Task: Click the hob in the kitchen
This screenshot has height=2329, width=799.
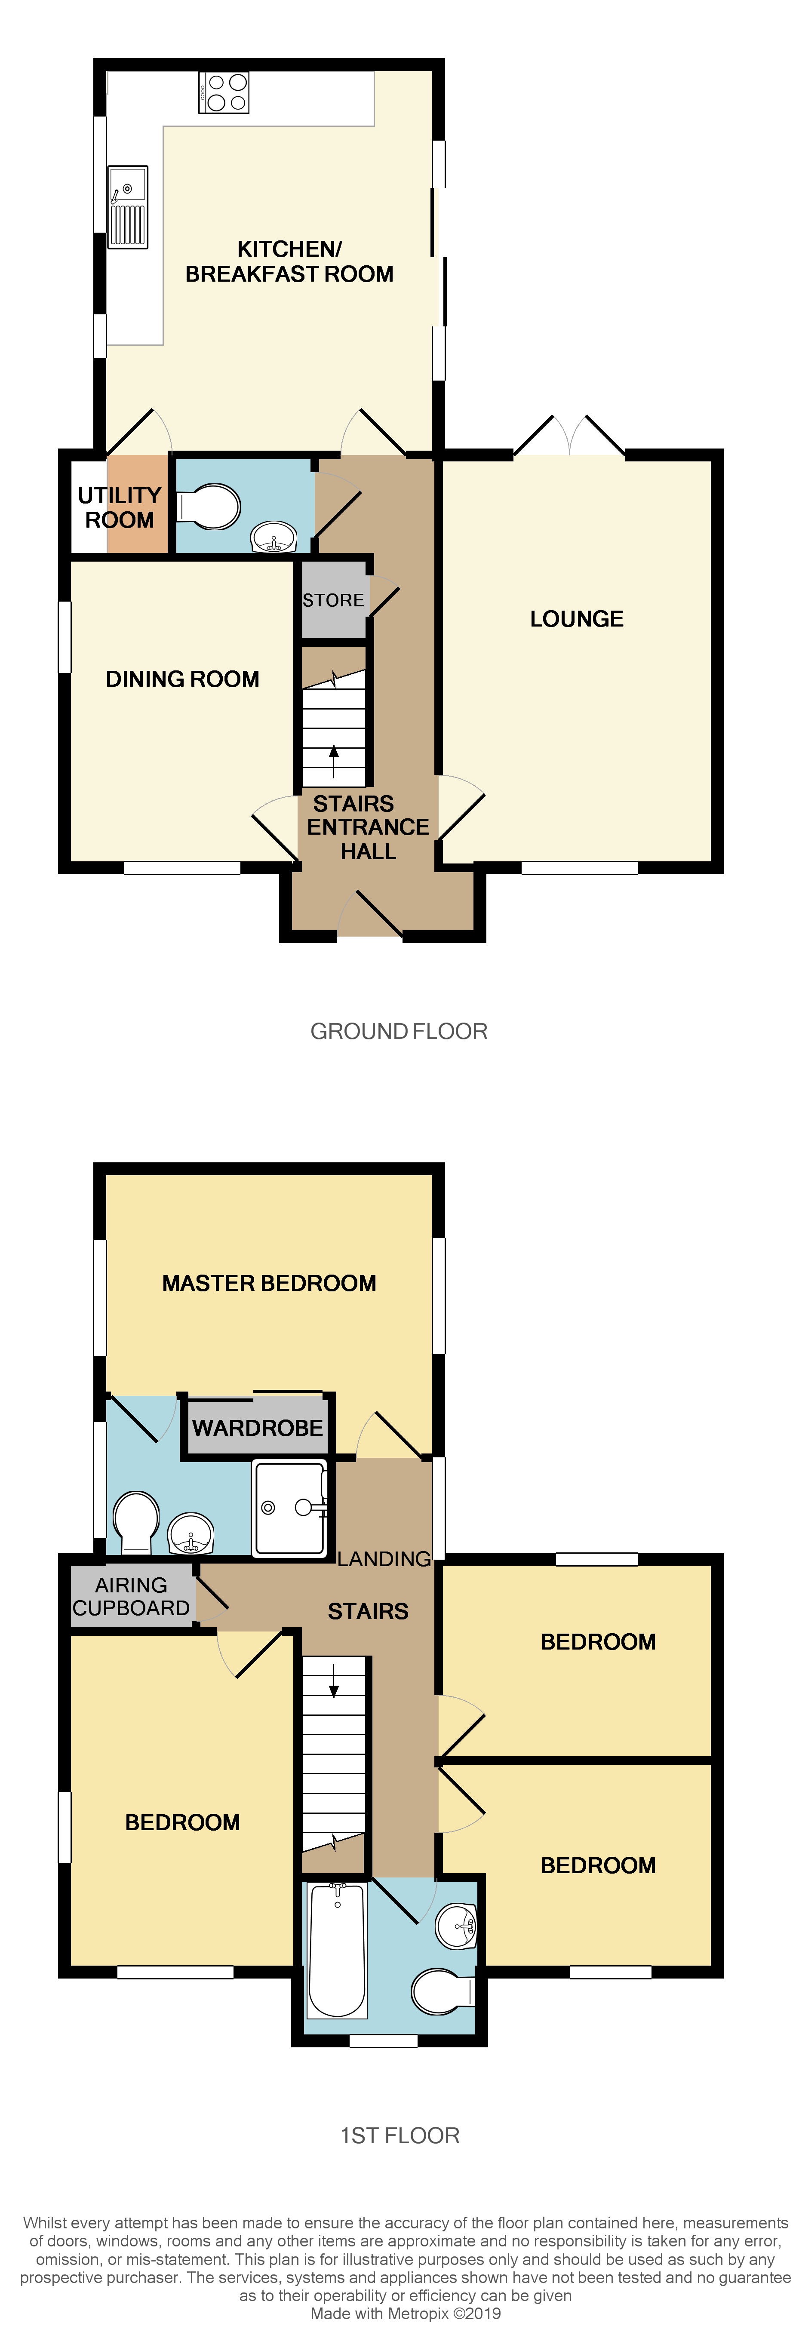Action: (x=224, y=92)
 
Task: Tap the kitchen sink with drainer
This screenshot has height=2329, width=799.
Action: (x=127, y=207)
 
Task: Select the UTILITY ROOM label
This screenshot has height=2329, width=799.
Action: (x=119, y=507)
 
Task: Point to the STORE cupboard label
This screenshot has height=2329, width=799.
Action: (x=334, y=600)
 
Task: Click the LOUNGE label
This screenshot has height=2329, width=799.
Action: (x=577, y=619)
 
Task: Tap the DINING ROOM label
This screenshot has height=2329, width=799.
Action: (x=183, y=679)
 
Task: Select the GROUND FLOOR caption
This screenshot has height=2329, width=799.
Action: (x=399, y=1032)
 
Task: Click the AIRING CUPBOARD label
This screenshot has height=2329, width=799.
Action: (x=131, y=1597)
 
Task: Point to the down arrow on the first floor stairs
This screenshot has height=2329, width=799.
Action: (x=334, y=1680)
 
